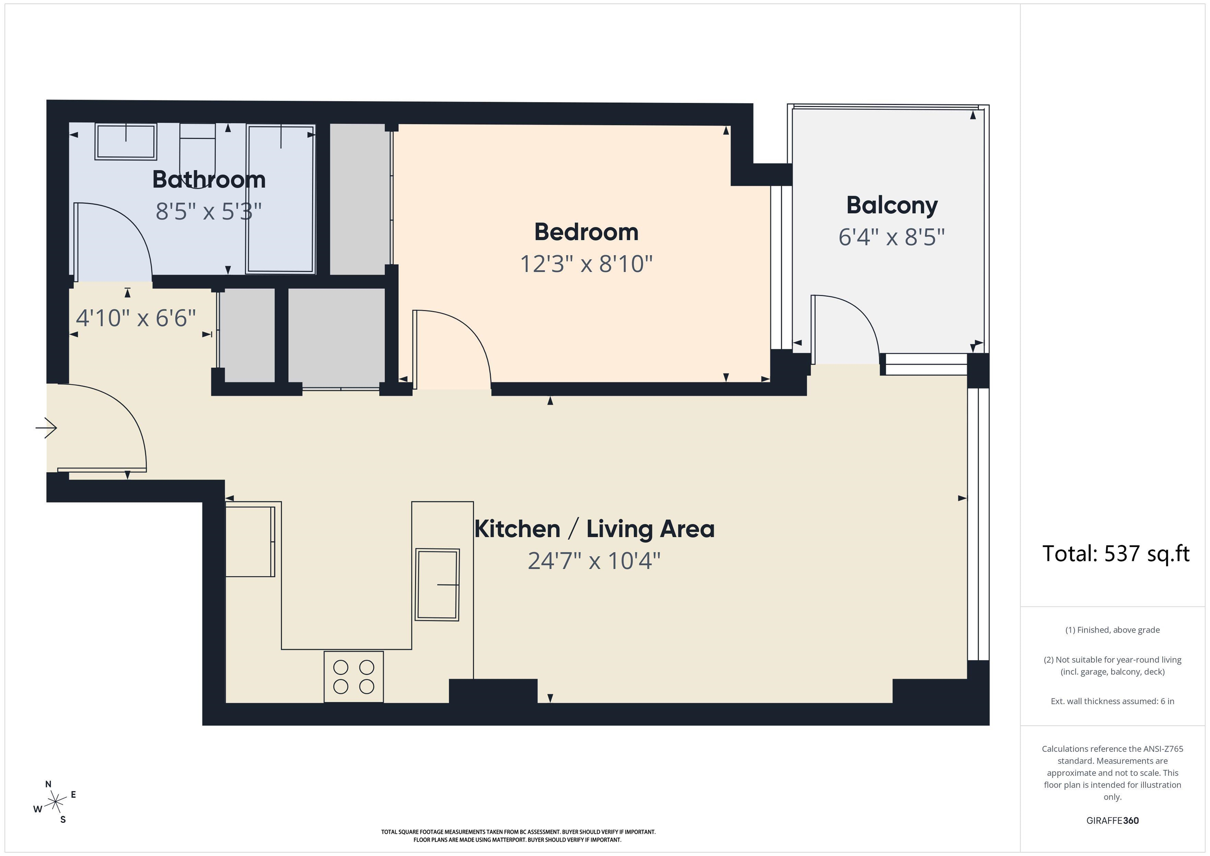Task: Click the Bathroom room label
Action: tap(209, 180)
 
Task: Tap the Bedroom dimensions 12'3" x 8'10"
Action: tap(586, 264)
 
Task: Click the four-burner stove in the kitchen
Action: tap(354, 677)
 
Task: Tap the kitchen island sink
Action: tap(438, 585)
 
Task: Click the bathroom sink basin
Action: tap(126, 141)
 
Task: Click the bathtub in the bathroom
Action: tap(281, 199)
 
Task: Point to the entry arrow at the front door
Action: tap(46, 427)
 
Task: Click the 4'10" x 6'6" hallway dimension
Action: tap(136, 318)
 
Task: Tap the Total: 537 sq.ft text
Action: tap(1116, 553)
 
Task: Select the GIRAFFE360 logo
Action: tap(1112, 821)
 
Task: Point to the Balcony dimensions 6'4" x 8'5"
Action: tap(892, 237)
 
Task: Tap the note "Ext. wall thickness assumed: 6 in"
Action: tap(1112, 701)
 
